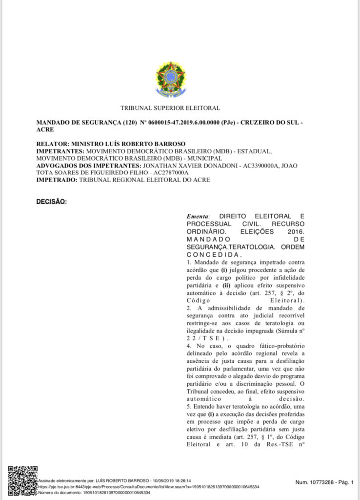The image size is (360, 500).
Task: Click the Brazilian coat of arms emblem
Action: pos(170,79)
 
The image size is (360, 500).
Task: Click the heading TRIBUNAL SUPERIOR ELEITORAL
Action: pos(170,108)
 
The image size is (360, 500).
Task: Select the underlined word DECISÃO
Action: pos(51,201)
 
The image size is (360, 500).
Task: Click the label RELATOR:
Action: pos(53,145)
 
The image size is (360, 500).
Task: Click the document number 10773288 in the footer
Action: pos(318,482)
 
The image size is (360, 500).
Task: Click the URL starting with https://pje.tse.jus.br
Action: pos(148,487)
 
